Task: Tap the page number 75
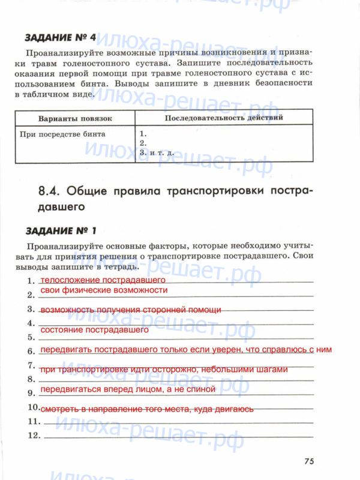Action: [x=309, y=461]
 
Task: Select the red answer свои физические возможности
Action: [x=103, y=290]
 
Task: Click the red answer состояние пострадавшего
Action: [x=94, y=330]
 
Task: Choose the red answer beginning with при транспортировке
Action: [x=164, y=370]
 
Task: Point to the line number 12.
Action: [x=33, y=435]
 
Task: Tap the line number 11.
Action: [x=33, y=422]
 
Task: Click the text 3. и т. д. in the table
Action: [x=156, y=153]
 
